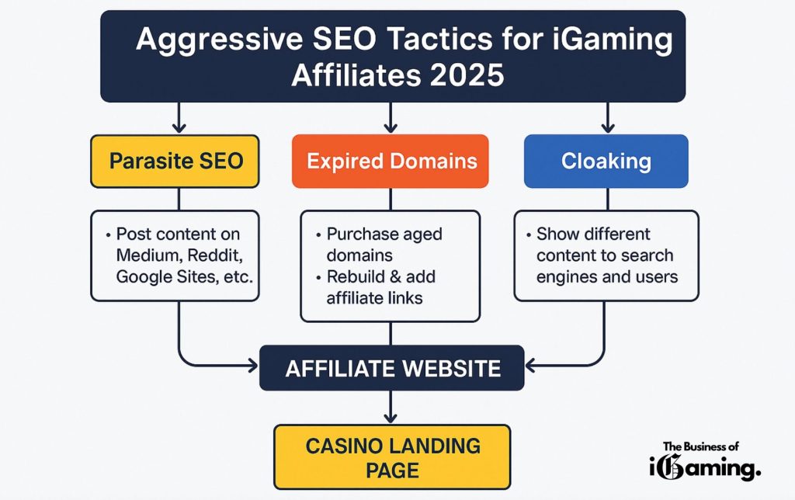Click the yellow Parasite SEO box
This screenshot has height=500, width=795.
click(x=175, y=161)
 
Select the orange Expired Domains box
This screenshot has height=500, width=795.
click(x=390, y=161)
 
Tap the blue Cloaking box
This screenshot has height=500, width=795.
click(x=606, y=161)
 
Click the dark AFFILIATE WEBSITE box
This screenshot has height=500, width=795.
click(x=392, y=368)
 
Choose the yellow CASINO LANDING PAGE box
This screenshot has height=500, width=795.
click(x=392, y=457)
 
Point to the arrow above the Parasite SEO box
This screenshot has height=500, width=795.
click(x=179, y=120)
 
